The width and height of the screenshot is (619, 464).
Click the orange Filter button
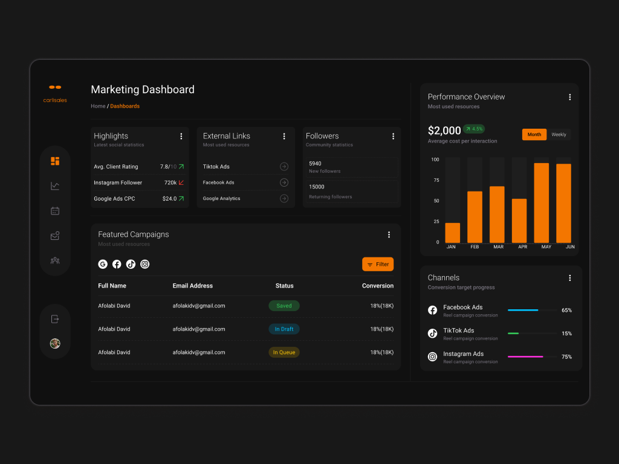coord(378,264)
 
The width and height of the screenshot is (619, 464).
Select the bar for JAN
coord(453,233)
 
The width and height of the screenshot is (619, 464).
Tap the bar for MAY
coord(542,202)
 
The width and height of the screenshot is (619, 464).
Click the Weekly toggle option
coord(559,135)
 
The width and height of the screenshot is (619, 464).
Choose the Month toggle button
coord(534,135)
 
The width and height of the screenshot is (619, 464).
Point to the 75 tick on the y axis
coord(435,180)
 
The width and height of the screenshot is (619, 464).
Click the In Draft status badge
coord(284,329)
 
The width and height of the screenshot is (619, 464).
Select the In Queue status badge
coord(284,352)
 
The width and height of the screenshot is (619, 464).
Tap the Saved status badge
coord(284,306)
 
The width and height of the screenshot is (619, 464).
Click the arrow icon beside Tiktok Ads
coord(284,167)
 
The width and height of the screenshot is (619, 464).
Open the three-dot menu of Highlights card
coord(181,137)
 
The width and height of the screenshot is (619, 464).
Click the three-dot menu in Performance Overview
coord(569,97)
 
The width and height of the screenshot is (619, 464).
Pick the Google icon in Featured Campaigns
coord(103,264)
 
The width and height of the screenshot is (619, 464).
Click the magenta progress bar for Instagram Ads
coord(525,357)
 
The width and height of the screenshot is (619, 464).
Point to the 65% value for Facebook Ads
coord(566,311)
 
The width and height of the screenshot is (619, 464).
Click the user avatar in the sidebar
coord(55,343)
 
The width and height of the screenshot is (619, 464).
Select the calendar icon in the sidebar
coord(55,211)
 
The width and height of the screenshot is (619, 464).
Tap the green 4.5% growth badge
coord(474,129)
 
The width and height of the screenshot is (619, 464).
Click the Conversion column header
coord(378,286)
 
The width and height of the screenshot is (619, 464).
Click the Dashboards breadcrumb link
coord(125,106)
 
